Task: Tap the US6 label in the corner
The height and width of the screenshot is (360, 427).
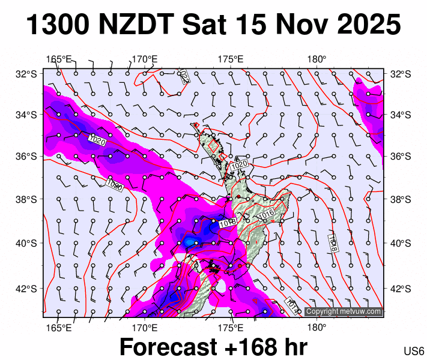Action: coord(414,351)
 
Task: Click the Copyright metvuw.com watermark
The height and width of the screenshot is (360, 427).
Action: coord(343,311)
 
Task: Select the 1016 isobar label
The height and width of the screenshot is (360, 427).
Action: coord(266,213)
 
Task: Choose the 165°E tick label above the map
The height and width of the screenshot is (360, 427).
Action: coord(59,59)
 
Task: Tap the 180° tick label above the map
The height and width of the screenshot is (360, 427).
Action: coord(316,59)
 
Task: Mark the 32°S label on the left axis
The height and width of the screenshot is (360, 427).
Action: coord(26,74)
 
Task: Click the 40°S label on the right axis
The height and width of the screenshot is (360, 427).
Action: coord(400,243)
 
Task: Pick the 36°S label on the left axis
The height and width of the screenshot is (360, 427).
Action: coord(26,157)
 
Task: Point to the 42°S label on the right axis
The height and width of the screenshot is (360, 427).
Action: coord(400,288)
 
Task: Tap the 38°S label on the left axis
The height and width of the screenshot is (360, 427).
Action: coord(26,199)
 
